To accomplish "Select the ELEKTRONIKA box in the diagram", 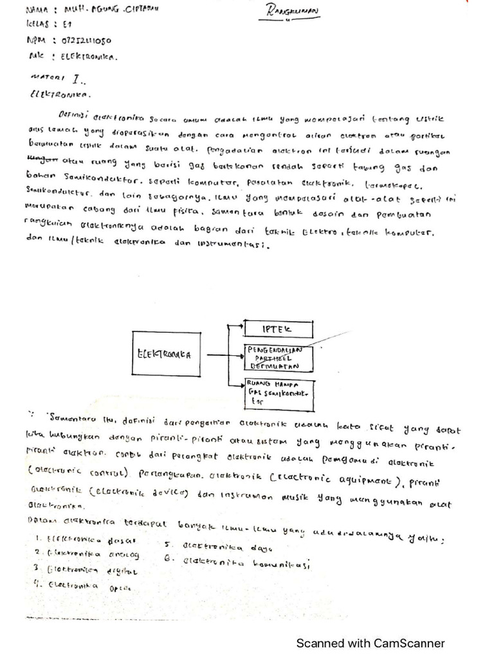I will [x=165, y=354].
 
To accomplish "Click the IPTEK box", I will [x=277, y=329].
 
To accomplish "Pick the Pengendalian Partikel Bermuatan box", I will [x=277, y=358].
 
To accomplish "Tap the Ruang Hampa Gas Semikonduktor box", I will [x=277, y=390].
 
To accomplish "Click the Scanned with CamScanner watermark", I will [x=370, y=643].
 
